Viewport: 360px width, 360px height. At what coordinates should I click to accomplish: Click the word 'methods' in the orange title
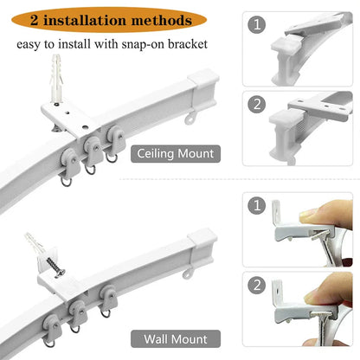pyautogui.click(x=154, y=19)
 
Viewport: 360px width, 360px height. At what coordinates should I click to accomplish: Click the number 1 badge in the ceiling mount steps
pyautogui.click(x=257, y=26)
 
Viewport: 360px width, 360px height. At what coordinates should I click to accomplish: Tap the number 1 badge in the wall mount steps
pyautogui.click(x=257, y=208)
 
